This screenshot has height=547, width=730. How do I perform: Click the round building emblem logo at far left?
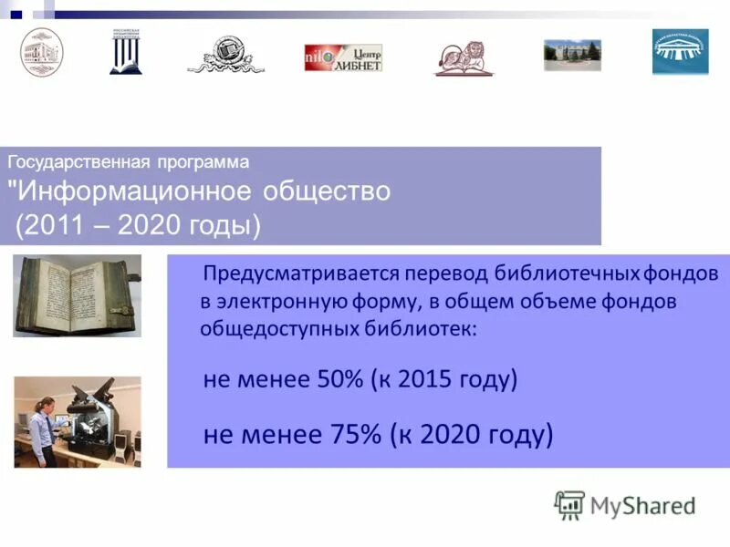(x=42, y=52)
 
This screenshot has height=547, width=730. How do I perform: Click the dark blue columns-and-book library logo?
(x=126, y=51)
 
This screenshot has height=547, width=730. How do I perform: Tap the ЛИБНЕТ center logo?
(x=343, y=57)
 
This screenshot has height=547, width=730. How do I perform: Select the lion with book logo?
(x=464, y=57)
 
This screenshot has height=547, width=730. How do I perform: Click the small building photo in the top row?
(x=572, y=56)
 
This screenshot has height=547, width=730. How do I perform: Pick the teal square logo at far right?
(x=680, y=52)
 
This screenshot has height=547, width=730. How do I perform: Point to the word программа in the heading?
(x=201, y=162)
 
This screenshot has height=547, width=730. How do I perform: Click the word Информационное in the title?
(x=136, y=192)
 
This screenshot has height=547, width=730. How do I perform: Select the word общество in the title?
(x=327, y=192)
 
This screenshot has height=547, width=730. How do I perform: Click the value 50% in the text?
(x=337, y=379)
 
